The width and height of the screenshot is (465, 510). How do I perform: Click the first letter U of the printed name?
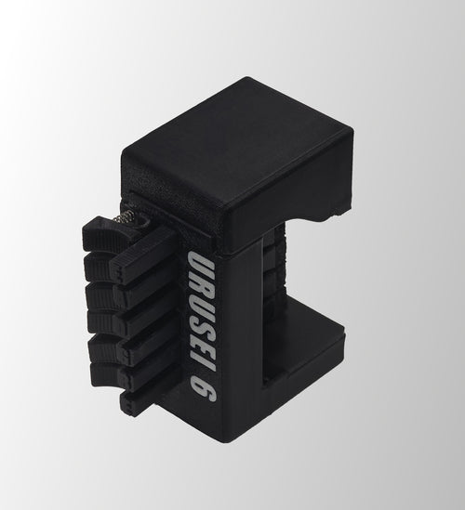198,262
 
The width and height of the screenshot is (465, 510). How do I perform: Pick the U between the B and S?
201,299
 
